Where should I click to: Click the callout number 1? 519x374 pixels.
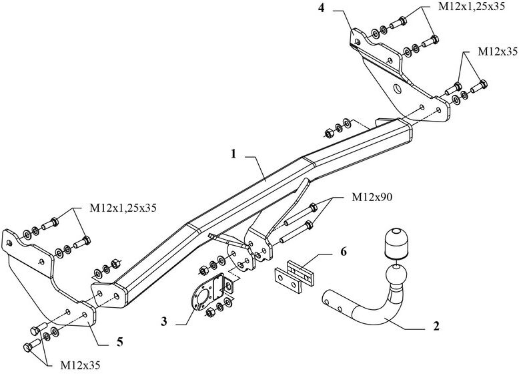(x=233, y=154)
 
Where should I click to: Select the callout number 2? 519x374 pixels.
(x=436, y=326)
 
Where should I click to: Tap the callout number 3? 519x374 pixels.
(x=164, y=322)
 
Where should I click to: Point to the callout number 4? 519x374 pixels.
(x=322, y=8)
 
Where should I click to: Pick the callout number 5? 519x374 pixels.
(x=120, y=341)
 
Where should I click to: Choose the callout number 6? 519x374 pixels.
(x=344, y=252)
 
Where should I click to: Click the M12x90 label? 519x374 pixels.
(x=372, y=198)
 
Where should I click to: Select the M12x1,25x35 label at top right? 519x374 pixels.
(x=472, y=7)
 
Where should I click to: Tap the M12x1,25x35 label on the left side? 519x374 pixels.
(x=123, y=208)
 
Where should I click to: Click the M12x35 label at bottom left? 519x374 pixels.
(x=80, y=365)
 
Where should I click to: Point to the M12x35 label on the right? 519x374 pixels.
(x=498, y=51)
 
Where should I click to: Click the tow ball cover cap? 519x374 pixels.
(x=396, y=243)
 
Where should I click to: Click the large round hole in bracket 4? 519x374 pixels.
(x=397, y=89)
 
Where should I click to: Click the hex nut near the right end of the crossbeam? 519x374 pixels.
(x=329, y=133)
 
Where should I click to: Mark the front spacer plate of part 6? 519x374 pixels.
(x=288, y=280)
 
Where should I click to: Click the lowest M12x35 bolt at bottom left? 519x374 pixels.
(x=32, y=345)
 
